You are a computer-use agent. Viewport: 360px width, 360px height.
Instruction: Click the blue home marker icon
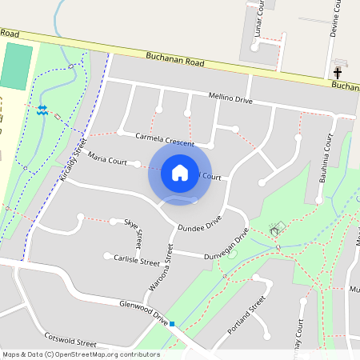(x=180, y=173)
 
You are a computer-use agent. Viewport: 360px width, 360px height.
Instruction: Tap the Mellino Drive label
(x=230, y=99)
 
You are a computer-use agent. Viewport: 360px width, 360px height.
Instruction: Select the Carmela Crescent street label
(x=165, y=139)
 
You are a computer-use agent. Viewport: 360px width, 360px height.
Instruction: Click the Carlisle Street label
(x=138, y=261)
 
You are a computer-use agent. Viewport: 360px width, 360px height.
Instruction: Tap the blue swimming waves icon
(x=42, y=108)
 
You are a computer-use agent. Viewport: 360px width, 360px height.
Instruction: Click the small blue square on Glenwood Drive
(x=172, y=323)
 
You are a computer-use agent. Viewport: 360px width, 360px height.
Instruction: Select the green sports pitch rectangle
(x=17, y=67)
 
